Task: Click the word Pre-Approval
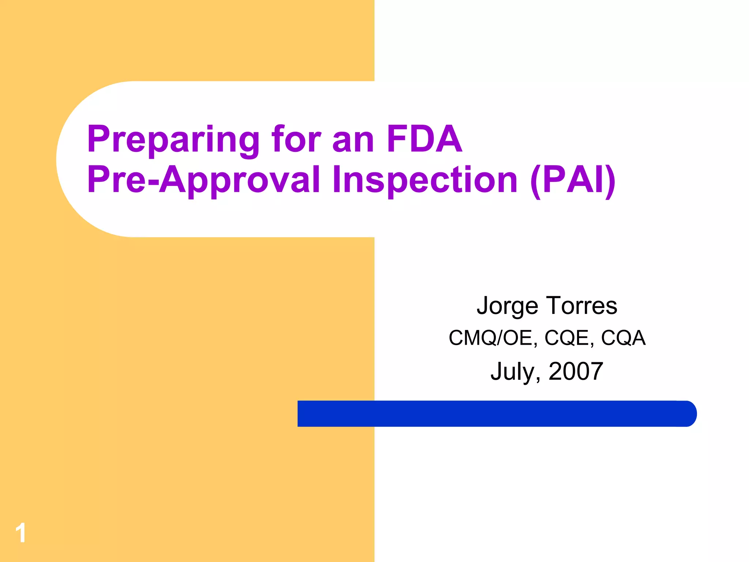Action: pos(203,180)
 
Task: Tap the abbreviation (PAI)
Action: pos(573,180)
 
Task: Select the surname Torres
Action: pos(581,306)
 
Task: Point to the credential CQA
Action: pos(623,338)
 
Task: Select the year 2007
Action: pos(576,371)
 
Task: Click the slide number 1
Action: pos(21,533)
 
